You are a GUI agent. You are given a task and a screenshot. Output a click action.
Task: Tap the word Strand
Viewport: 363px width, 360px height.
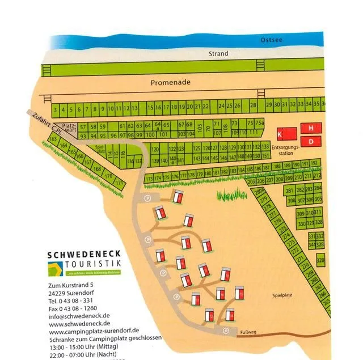tap(218, 54)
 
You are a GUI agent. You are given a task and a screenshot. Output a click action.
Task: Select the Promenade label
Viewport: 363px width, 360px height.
tap(171, 83)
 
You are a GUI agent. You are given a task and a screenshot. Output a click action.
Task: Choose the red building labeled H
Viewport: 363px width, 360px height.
tap(311, 128)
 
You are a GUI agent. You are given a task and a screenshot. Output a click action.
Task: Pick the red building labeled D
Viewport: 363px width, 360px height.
tap(311, 140)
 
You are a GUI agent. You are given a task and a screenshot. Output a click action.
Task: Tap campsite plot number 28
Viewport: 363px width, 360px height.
tap(253, 105)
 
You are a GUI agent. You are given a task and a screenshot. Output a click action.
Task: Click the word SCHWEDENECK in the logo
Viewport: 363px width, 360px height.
tap(84, 255)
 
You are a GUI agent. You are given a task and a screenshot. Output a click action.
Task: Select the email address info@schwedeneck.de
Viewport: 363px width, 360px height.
tap(79, 316)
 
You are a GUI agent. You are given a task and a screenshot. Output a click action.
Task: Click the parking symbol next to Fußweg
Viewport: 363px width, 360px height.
tap(226, 331)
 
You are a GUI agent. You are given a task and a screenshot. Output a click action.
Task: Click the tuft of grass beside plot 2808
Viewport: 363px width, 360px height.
tap(232, 195)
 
